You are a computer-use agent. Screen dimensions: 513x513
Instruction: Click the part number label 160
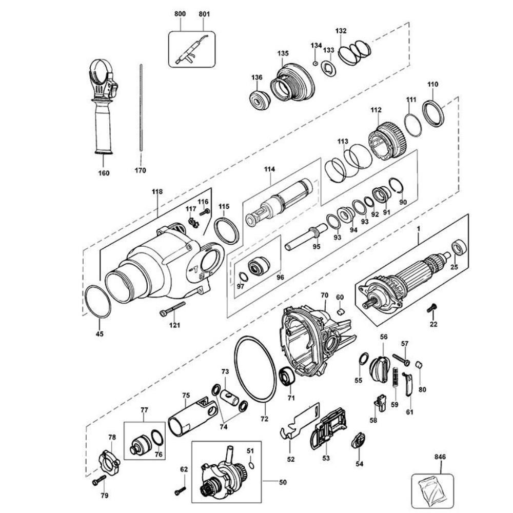coord(104,173)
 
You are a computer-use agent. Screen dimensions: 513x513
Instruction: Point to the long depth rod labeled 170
coord(140,110)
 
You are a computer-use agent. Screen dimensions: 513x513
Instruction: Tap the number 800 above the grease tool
coord(180,14)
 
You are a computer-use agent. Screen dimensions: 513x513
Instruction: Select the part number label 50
coord(283,482)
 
